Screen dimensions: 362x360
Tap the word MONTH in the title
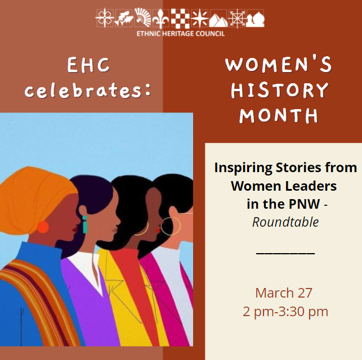point(279,115)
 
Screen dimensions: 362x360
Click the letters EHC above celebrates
point(88,65)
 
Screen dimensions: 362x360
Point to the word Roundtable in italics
point(285,222)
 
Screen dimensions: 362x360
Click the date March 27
point(284,292)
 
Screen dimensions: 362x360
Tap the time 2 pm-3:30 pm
point(285,312)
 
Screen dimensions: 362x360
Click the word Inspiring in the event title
point(243,168)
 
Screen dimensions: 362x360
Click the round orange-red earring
point(43,227)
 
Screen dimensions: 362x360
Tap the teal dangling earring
point(84,224)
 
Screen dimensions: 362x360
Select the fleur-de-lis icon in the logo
point(160,19)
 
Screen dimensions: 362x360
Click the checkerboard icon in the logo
point(180,19)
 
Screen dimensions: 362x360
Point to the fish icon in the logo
point(124,19)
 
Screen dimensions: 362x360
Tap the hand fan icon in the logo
point(142,17)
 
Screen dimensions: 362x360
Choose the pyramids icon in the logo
point(218,20)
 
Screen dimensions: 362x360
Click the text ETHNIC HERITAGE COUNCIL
point(181,34)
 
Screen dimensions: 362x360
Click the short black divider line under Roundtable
point(285,254)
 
